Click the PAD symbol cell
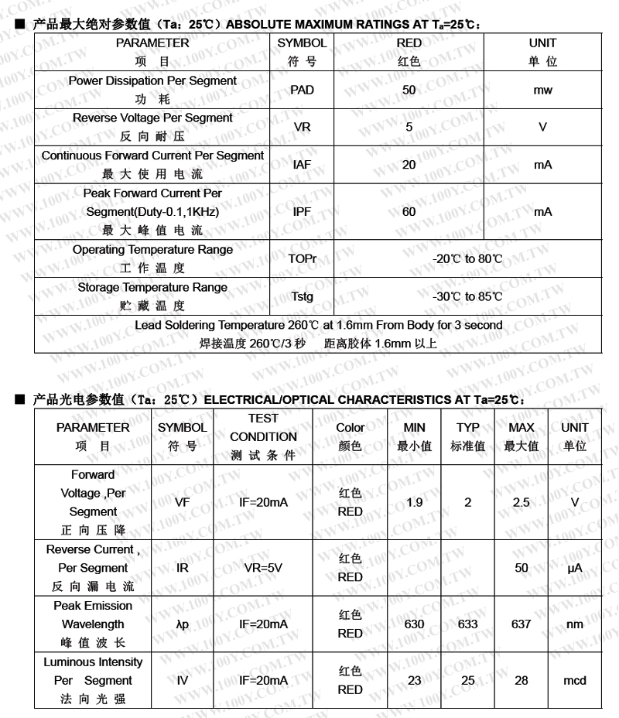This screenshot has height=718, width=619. pos(302,90)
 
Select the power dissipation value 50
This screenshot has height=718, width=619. pos(409,90)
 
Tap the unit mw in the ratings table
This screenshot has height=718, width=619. pos(542,90)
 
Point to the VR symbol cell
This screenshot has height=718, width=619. pos(302,127)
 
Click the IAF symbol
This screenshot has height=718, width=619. pos(302,165)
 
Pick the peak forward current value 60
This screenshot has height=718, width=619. pos(409,211)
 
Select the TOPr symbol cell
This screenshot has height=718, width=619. pos(303,258)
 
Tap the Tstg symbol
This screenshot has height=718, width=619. pos(303,296)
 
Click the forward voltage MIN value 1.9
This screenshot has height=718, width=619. pos(415,502)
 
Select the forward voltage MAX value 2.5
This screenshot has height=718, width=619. pos(522,502)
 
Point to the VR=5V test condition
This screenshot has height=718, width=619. pos(263,568)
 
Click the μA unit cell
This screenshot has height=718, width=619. pos(575,568)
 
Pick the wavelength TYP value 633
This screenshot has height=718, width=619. pos(468,624)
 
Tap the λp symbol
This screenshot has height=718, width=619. pos(183,624)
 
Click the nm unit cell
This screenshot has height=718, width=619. pos(575,624)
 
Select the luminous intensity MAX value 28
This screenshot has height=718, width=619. pos(522,681)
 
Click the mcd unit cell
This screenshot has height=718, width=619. pos(575,681)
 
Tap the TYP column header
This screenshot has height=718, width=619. pos(468,436)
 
